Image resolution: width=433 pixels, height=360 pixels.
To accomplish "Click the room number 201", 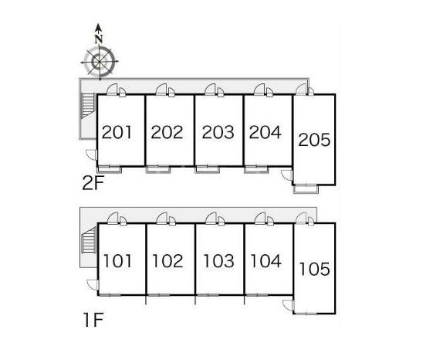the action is [x=117, y=132].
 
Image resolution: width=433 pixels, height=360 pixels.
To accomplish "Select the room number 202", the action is [x=167, y=132].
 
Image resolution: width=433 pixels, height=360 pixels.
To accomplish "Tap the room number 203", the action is [x=218, y=132].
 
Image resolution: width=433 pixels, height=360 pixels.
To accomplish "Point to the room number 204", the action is [x=266, y=132].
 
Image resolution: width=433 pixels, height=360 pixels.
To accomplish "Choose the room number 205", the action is [x=314, y=140].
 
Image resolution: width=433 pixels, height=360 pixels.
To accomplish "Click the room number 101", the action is [x=117, y=261].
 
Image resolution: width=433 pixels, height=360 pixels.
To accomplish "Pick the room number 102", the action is [x=168, y=261].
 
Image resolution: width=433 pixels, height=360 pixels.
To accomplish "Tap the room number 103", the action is [x=219, y=261].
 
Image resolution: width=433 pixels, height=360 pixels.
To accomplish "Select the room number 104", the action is [x=266, y=261].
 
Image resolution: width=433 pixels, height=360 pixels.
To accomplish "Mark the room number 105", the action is [x=315, y=269].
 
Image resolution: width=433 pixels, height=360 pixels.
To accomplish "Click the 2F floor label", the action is [x=93, y=183].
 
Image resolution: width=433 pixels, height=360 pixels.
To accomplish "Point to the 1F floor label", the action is [x=93, y=320].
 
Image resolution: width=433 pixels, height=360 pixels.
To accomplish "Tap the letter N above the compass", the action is [x=99, y=39].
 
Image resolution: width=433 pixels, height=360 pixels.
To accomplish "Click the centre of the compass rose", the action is [x=99, y=62].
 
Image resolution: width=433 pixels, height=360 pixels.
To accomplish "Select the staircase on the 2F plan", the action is [x=88, y=106].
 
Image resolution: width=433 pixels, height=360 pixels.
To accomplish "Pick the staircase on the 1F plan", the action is [x=90, y=240].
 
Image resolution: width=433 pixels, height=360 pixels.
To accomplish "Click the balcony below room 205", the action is [x=306, y=188].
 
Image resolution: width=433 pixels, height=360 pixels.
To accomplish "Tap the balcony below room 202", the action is [x=158, y=169].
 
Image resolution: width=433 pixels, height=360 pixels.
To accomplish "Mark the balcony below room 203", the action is [x=207, y=169].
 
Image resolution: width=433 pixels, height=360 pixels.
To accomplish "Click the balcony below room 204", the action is [x=256, y=169].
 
